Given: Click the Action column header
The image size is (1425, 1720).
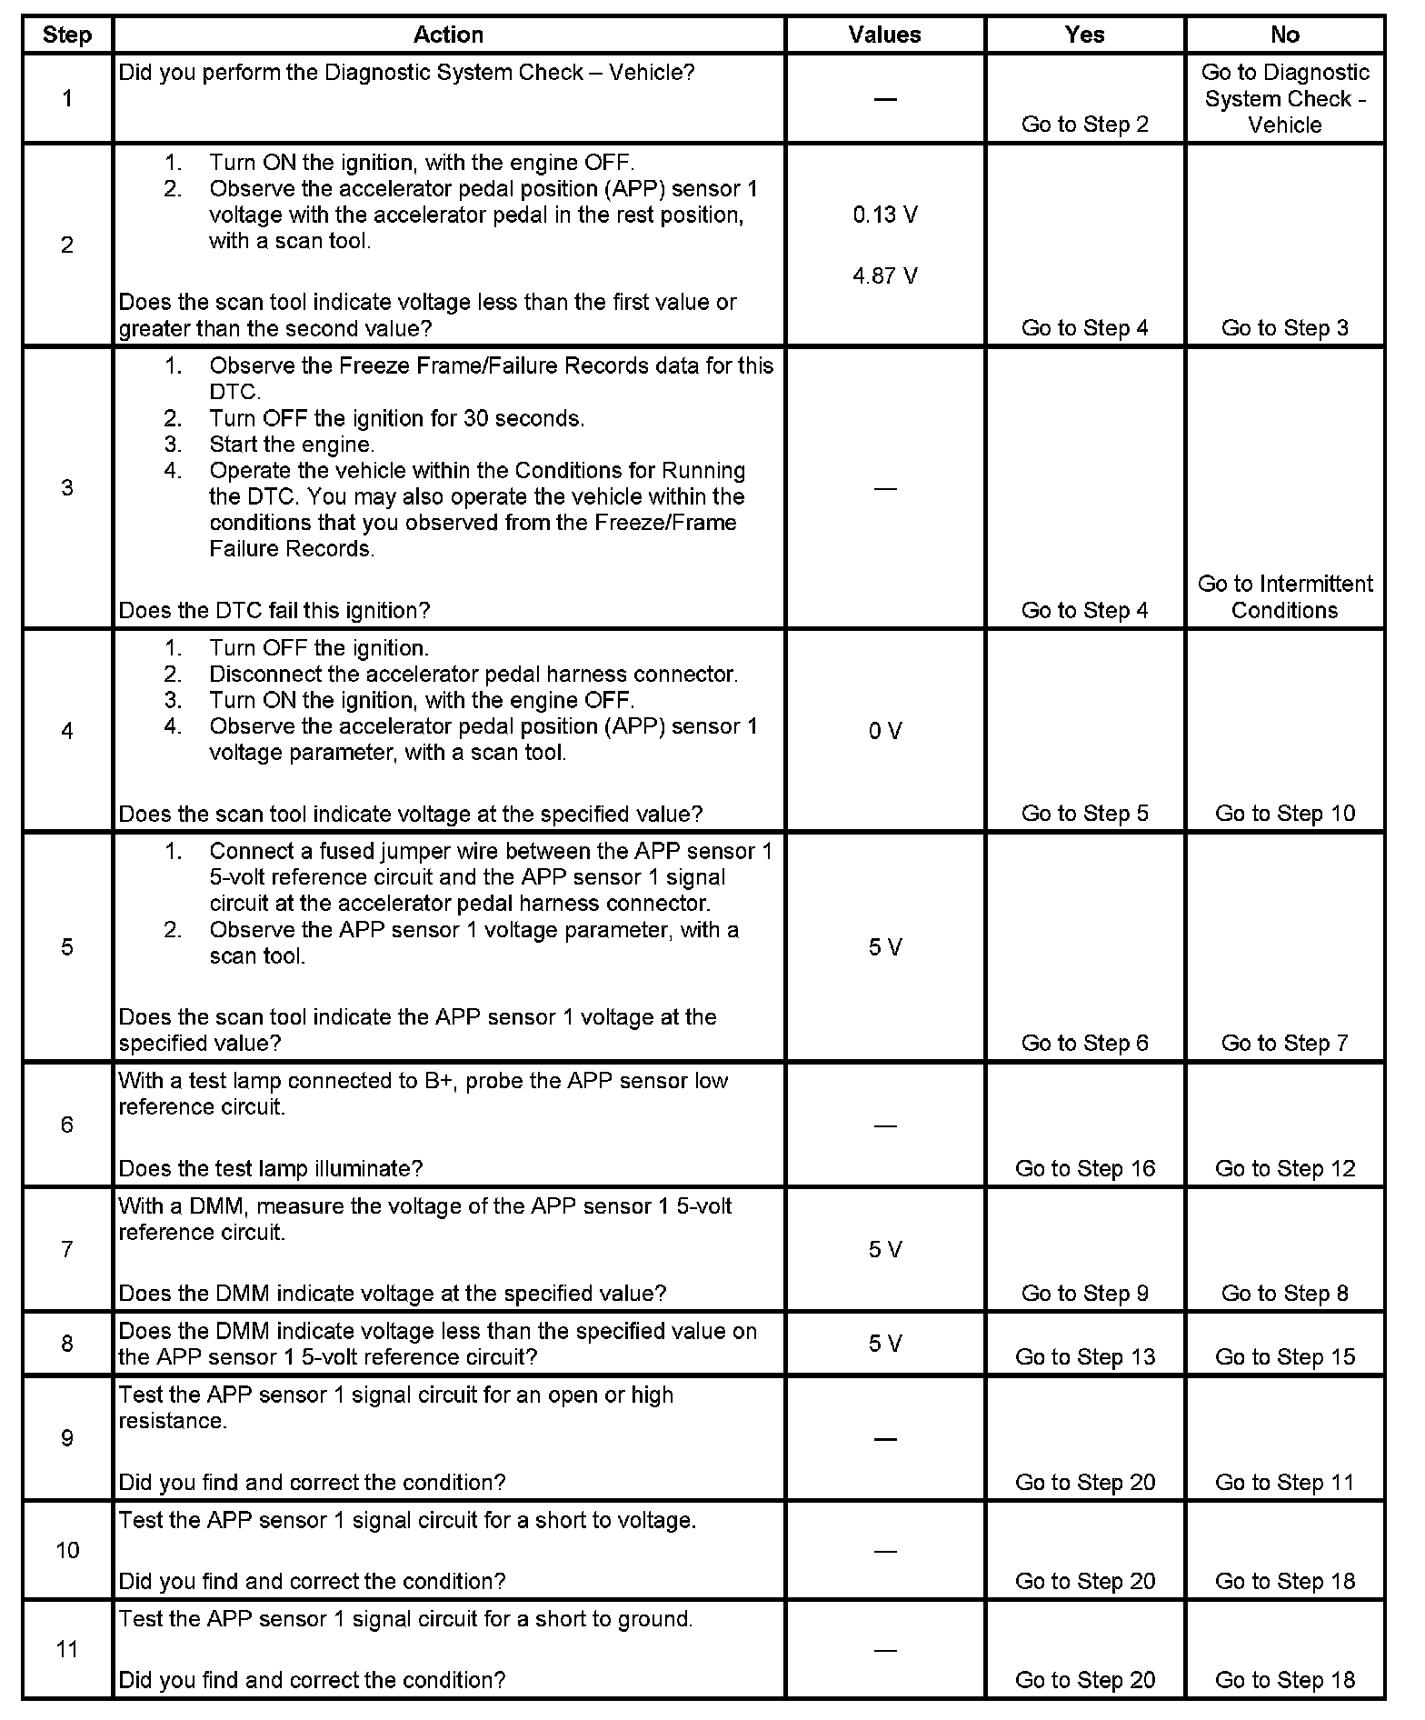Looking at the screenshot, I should [x=448, y=35].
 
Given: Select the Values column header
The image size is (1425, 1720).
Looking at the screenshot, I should [x=884, y=35].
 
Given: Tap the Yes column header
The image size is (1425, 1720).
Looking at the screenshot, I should [x=1084, y=35].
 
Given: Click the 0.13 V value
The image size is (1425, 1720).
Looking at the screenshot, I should [x=884, y=215].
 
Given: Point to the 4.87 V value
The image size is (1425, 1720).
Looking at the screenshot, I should [x=884, y=275].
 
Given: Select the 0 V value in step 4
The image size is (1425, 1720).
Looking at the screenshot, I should [x=884, y=731].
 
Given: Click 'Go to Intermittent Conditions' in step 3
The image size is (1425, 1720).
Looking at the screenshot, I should [x=1284, y=596].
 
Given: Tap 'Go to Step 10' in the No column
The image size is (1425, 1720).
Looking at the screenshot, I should [x=1284, y=813].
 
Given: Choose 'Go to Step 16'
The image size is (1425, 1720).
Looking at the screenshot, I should [x=1084, y=1168].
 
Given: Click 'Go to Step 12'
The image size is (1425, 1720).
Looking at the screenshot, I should [x=1284, y=1168].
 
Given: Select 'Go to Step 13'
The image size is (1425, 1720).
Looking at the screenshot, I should [x=1084, y=1356].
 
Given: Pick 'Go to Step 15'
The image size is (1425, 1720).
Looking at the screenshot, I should [x=1284, y=1356].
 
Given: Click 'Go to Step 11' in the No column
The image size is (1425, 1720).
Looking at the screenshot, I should [x=1284, y=1482].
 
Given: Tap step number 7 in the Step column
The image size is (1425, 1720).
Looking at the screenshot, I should [x=67, y=1249].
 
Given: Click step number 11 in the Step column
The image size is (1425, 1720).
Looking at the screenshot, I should [x=67, y=1649].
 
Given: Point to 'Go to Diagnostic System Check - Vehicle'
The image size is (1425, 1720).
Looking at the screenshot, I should [x=1284, y=98].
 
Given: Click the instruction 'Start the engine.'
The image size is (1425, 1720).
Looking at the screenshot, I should [x=292, y=445].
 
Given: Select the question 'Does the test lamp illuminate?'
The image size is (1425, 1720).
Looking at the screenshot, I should [x=271, y=1168].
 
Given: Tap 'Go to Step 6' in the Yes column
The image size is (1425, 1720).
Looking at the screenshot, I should [x=1084, y=1043].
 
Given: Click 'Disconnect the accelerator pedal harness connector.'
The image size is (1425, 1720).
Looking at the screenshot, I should [x=473, y=675].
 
